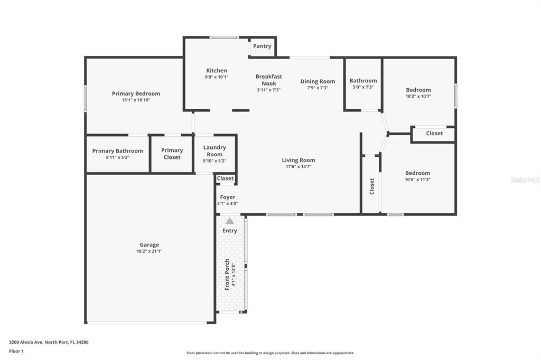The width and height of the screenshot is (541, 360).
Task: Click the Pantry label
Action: [262, 46]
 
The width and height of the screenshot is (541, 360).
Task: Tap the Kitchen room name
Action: [217, 71]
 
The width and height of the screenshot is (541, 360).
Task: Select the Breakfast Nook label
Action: [269, 80]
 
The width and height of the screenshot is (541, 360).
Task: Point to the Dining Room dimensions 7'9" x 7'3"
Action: [318, 88]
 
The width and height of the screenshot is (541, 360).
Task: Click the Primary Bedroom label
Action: [136, 94]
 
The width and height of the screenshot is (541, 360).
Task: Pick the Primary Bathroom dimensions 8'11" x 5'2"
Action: [117, 157]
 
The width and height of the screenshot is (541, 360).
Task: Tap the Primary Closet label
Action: [172, 154]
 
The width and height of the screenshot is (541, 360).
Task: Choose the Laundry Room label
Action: [214, 151]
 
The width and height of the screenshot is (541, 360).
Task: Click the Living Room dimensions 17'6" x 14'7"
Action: [299, 167]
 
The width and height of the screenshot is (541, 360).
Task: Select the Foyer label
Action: [228, 197]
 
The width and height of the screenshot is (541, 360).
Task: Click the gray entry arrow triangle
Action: [230, 221]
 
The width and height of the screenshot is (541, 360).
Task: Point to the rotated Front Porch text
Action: [227, 274]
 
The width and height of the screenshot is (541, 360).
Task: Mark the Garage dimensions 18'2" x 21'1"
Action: [150, 251]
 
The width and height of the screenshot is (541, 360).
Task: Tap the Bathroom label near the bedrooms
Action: [363, 81]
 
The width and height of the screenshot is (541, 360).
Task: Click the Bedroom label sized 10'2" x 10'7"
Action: [418, 90]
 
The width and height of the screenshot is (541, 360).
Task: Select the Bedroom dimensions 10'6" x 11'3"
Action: [417, 179]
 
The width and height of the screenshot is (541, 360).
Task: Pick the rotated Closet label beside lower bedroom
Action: [372, 186]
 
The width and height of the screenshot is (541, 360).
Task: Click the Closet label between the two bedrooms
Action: [434, 134]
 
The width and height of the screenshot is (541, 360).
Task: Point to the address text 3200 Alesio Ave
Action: [49, 342]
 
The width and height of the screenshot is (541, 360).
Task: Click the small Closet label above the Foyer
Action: [226, 178]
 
